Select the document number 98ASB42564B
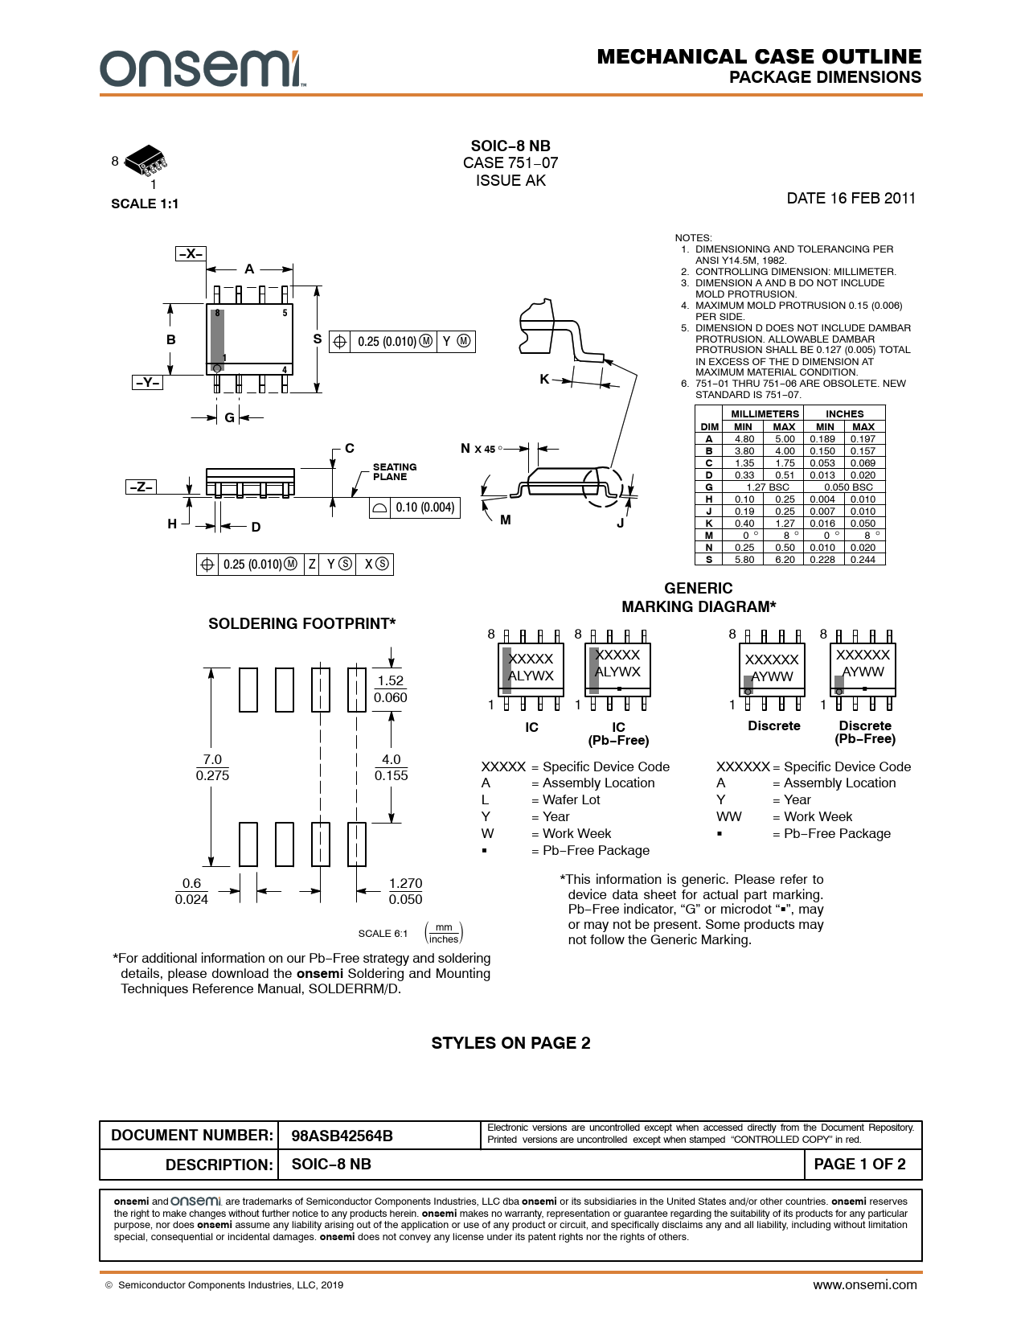(342, 1136)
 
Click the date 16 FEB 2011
(851, 198)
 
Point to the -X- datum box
(191, 253)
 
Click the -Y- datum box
(148, 382)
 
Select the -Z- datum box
(141, 487)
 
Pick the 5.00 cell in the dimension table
(785, 439)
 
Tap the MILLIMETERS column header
(765, 413)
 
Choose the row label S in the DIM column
(709, 560)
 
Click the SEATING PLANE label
(395, 471)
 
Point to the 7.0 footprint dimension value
(212, 759)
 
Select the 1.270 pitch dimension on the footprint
(405, 883)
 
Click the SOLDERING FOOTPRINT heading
(301, 623)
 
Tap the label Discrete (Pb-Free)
(865, 732)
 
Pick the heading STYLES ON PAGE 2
(511, 1043)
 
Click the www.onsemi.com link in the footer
(864, 1285)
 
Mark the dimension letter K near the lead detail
(544, 380)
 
